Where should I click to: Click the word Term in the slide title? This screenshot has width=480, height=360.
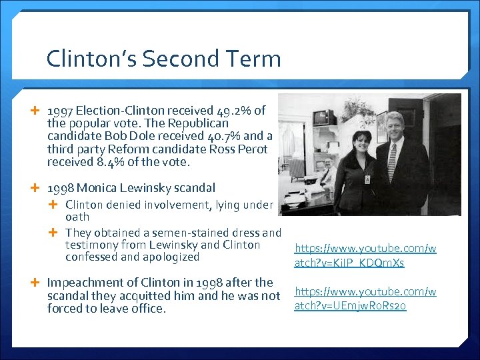pos(251,59)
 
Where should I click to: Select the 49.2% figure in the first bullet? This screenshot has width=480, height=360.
pos(233,111)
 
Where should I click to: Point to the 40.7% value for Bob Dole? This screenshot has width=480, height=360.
pos(233,136)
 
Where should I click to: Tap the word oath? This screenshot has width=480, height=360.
pos(77,217)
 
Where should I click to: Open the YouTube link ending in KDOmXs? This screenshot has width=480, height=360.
pos(365,256)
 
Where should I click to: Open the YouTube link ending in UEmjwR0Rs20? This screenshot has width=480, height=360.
pos(365,299)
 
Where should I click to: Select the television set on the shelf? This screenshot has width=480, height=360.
pos(325,117)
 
